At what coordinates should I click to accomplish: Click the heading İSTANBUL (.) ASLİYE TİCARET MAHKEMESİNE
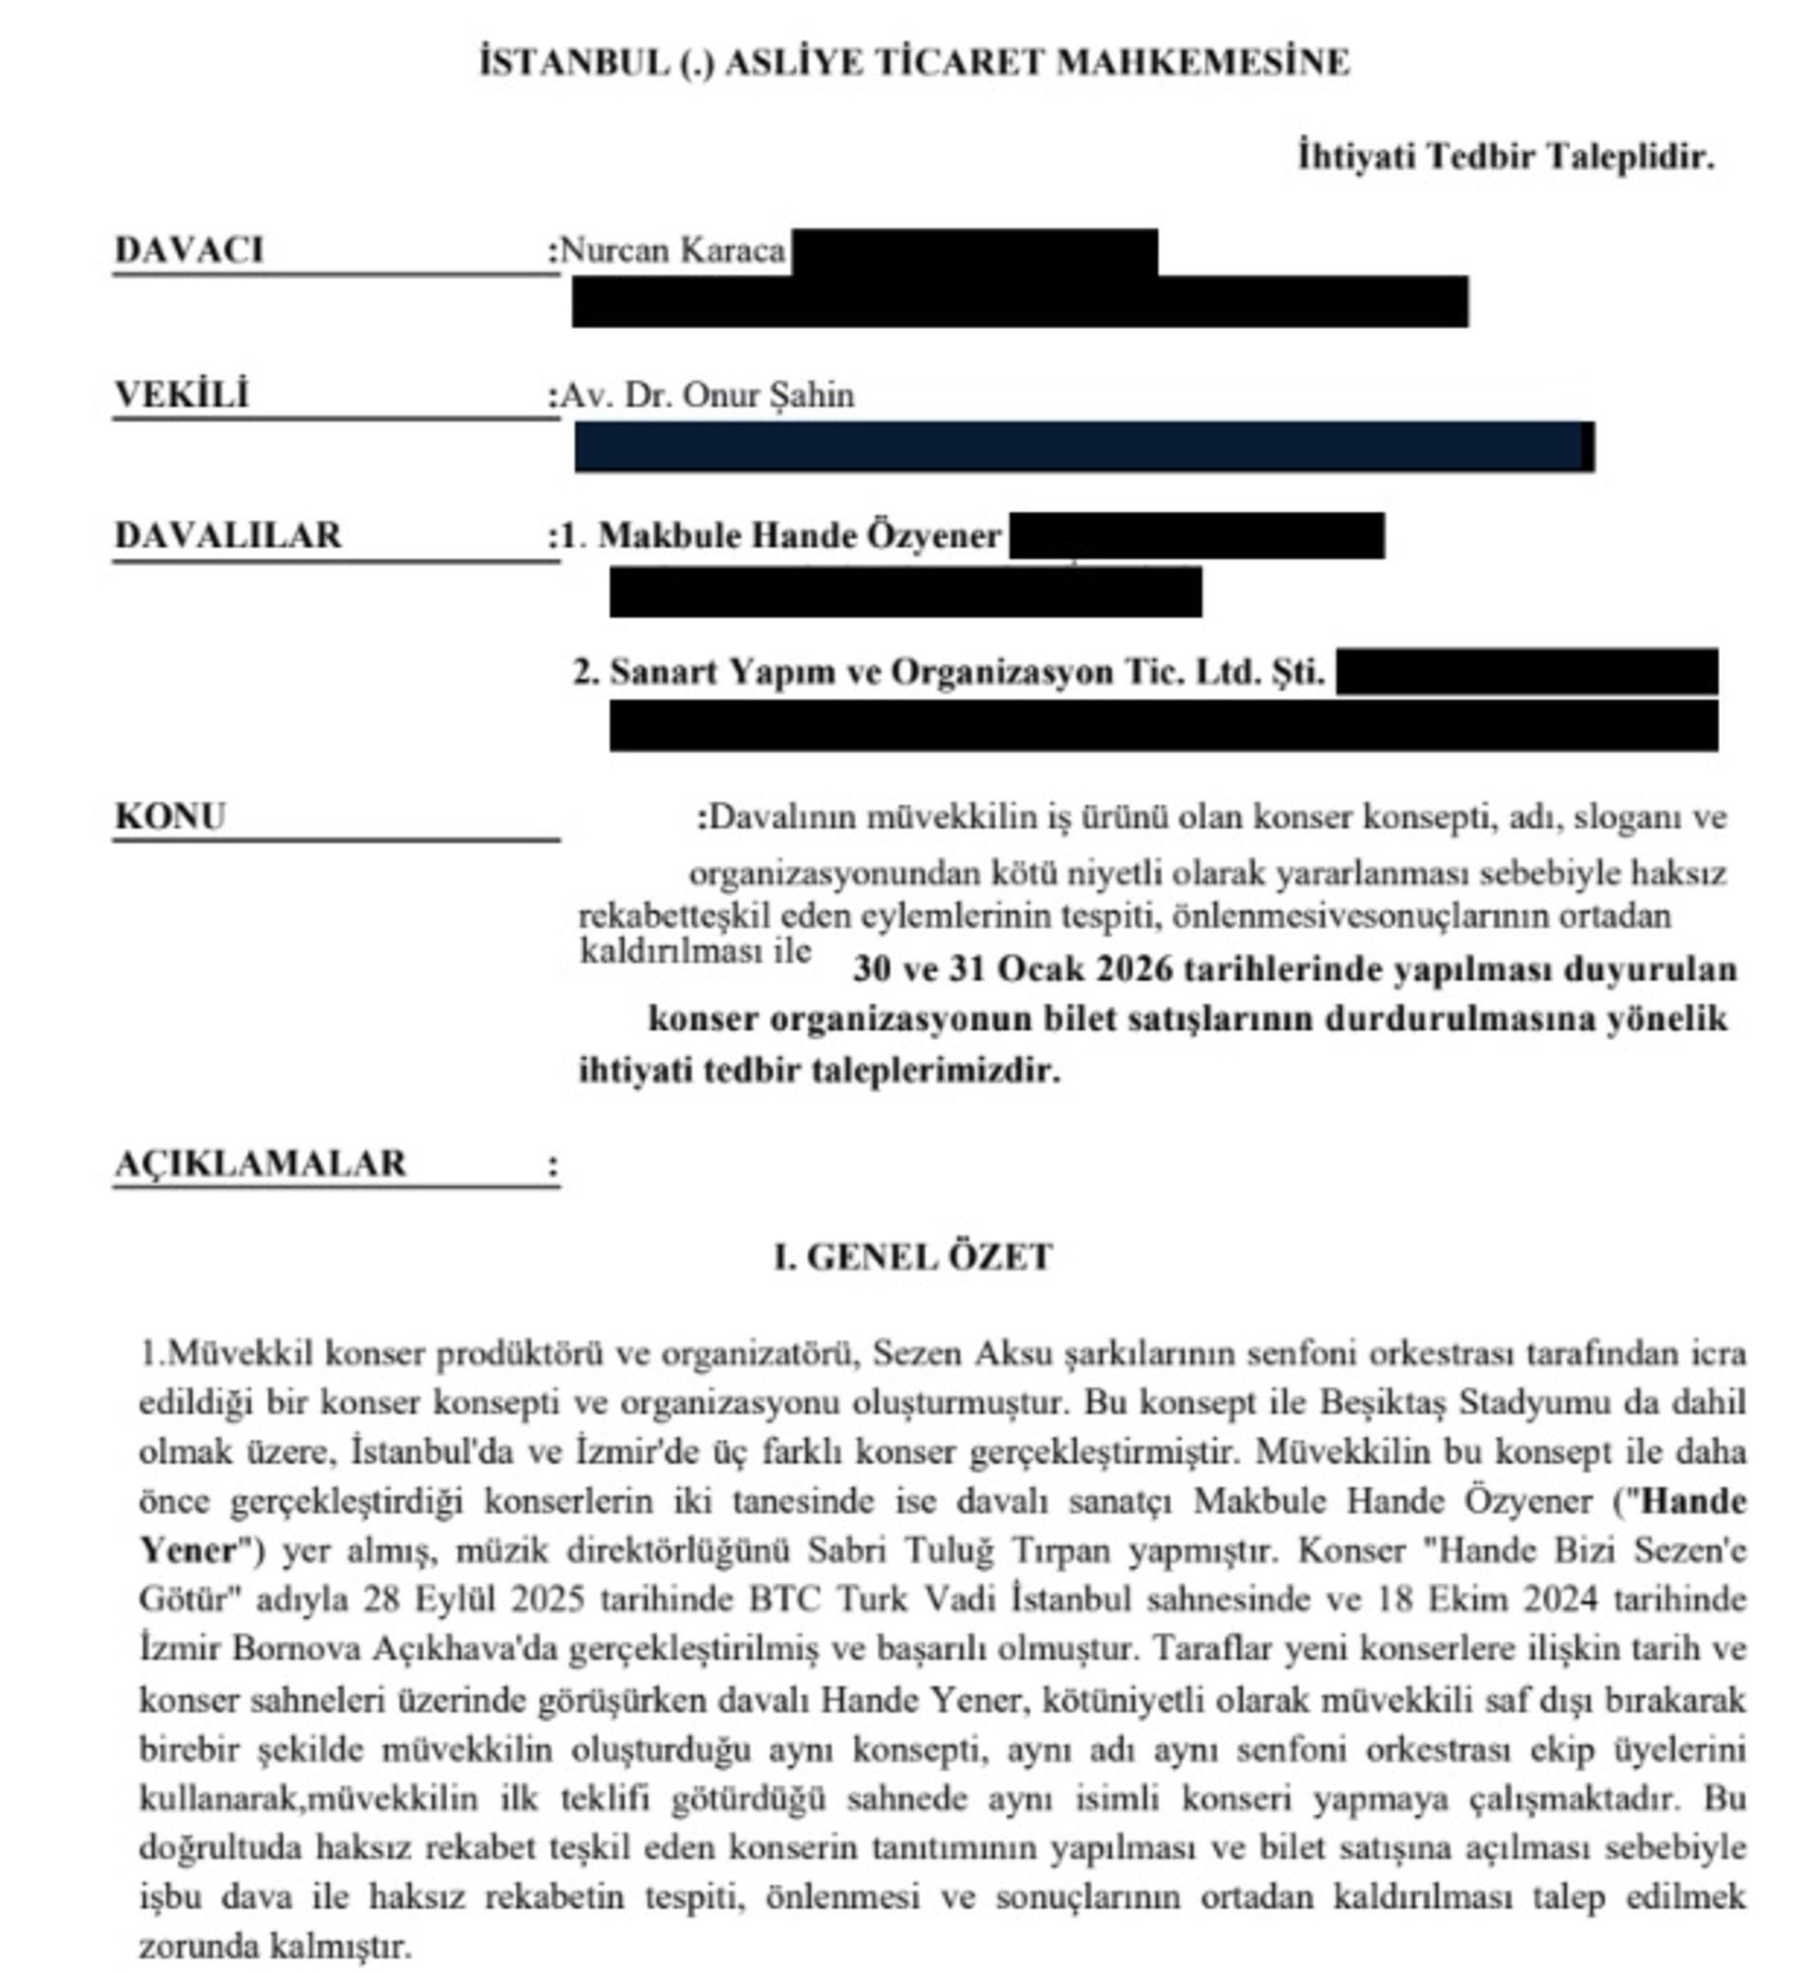(915, 63)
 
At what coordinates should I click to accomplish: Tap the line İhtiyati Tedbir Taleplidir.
(1506, 156)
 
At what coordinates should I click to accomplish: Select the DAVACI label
(189, 249)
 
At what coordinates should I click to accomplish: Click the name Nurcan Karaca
(673, 251)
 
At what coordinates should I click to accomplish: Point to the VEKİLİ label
(183, 394)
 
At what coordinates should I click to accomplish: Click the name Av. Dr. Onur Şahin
(707, 395)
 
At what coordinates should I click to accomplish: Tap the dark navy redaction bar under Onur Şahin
(1083, 447)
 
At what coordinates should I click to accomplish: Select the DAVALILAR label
(229, 535)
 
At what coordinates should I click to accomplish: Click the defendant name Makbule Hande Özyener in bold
(800, 536)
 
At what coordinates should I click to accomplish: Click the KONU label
(171, 816)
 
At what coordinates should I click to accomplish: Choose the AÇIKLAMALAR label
(261, 1164)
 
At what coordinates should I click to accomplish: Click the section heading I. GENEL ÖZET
(914, 1257)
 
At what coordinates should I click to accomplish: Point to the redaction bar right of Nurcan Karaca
(974, 252)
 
